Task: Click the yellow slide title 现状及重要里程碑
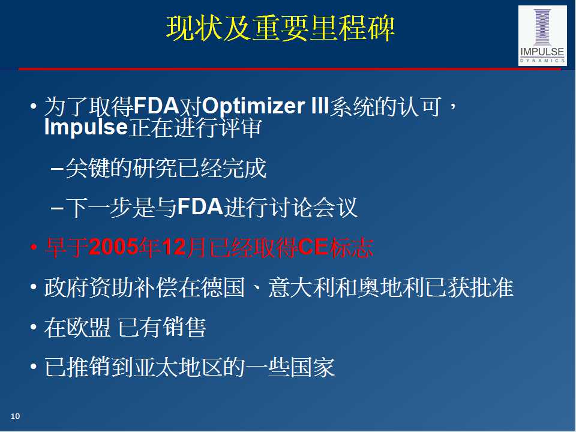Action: [280, 28]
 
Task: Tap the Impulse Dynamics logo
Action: [542, 35]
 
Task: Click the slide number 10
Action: [15, 416]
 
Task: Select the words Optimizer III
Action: [265, 107]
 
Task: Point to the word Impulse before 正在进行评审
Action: [86, 127]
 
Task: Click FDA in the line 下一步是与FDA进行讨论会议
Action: [200, 207]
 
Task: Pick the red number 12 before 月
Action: [174, 247]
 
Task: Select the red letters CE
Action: [313, 247]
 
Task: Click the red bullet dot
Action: [34, 248]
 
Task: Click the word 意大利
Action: [301, 287]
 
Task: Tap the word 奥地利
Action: [391, 287]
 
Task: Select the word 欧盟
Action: [88, 328]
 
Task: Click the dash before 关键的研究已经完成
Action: [57, 169]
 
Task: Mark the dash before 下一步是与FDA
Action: [57, 208]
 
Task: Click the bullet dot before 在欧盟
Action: [34, 327]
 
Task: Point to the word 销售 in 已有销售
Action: [184, 328]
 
